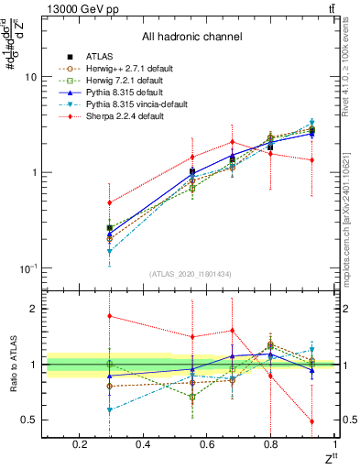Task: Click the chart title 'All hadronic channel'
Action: [191, 38]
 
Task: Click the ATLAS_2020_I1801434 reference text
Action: [191, 274]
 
